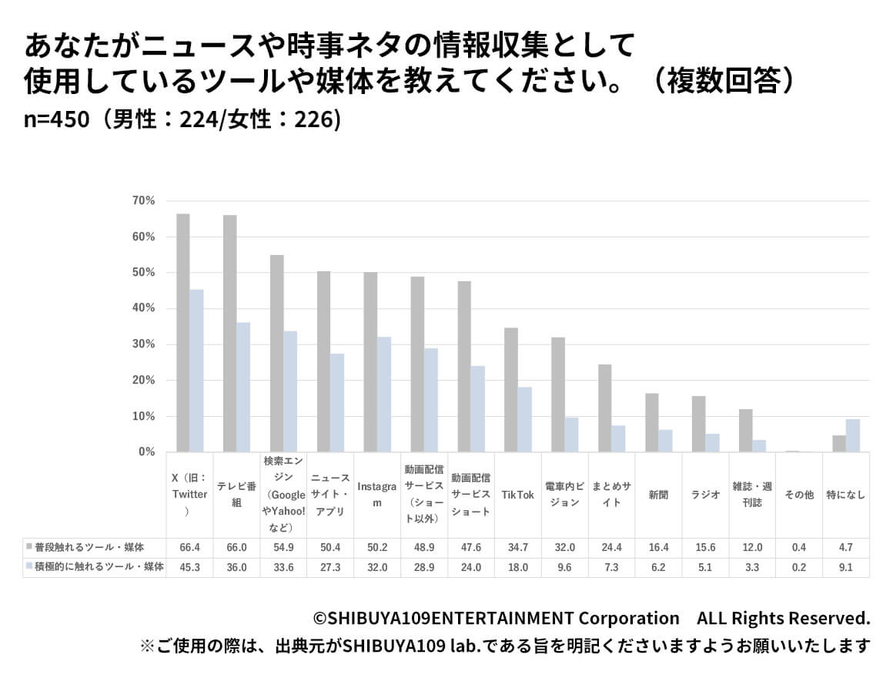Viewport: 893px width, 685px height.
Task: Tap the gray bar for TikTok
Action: tap(510, 390)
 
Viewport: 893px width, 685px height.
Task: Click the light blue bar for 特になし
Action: tap(853, 435)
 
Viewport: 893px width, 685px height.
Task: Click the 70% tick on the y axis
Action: tap(144, 201)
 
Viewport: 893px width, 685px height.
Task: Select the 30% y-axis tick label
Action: tap(144, 344)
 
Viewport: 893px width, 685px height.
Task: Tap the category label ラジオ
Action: tap(705, 495)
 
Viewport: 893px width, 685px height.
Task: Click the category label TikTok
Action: tap(517, 495)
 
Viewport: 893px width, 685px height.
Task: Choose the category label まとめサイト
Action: tap(612, 495)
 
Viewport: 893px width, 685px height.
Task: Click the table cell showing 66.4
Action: tap(189, 547)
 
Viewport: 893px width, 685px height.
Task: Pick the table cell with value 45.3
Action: tap(189, 567)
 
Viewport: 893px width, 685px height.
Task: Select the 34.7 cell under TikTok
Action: tap(517, 547)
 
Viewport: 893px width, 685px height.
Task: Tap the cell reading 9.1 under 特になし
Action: tap(846, 567)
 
